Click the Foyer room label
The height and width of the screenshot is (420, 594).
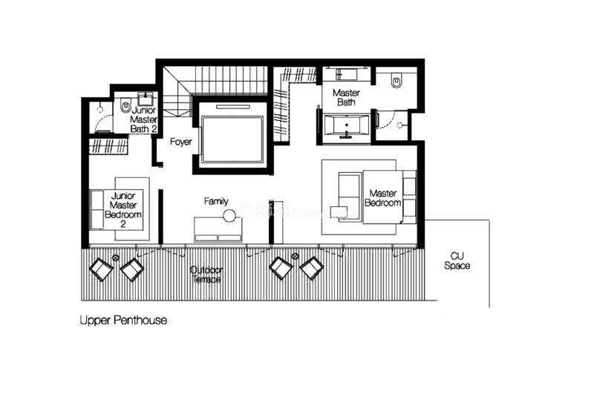pyautogui.click(x=180, y=142)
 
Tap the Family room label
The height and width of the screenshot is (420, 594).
pyautogui.click(x=216, y=201)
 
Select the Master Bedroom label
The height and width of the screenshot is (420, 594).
pyautogui.click(x=383, y=198)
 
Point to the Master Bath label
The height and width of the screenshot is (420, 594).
pyautogui.click(x=346, y=97)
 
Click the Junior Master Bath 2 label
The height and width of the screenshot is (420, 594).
pyautogui.click(x=143, y=119)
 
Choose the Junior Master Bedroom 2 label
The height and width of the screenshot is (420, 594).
pyautogui.click(x=123, y=210)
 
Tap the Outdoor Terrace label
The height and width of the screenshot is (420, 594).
pyautogui.click(x=206, y=275)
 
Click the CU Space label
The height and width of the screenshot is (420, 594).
pyautogui.click(x=457, y=261)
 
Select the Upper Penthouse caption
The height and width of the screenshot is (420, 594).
pyautogui.click(x=123, y=321)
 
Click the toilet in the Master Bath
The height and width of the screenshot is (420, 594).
pyautogui.click(x=396, y=81)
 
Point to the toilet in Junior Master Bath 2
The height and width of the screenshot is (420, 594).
pyautogui.click(x=125, y=105)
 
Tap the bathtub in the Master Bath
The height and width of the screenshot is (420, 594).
pyautogui.click(x=346, y=125)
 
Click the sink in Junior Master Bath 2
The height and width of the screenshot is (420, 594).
pyautogui.click(x=146, y=99)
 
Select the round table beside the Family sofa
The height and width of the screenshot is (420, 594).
pyautogui.click(x=229, y=216)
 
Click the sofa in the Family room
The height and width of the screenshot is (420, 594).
pyautogui.click(x=218, y=229)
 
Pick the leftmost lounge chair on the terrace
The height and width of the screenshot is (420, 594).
pyautogui.click(x=101, y=269)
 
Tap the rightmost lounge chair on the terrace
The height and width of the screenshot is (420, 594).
pyautogui.click(x=311, y=268)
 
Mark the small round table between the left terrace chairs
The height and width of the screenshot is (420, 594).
pyautogui.click(x=116, y=257)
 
